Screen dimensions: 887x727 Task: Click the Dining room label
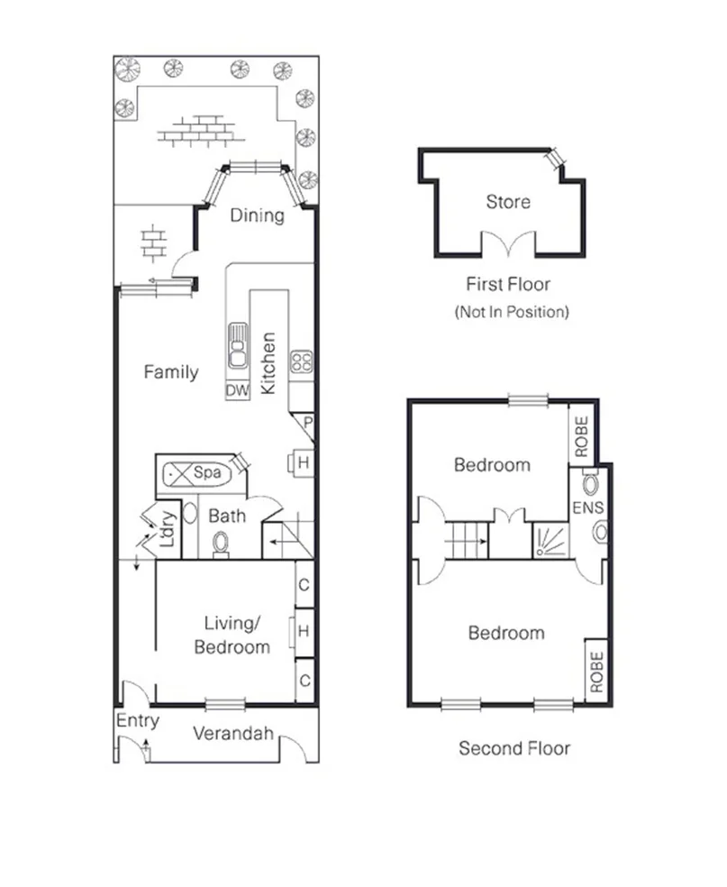coord(257,215)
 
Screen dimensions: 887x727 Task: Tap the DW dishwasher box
coord(237,390)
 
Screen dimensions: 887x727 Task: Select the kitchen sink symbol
coord(239,347)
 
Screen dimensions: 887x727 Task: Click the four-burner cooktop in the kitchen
coord(300,362)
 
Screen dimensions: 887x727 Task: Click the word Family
coord(171,372)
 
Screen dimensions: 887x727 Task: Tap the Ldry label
coord(167,533)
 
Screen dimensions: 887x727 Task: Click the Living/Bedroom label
coord(237,635)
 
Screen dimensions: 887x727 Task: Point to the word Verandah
coord(233,734)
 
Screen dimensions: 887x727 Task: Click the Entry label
coord(138,721)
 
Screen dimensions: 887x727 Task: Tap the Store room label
coord(508,202)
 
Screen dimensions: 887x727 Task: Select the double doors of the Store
coord(503,245)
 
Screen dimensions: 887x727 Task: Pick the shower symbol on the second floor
coord(550,541)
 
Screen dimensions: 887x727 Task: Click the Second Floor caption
coord(514,748)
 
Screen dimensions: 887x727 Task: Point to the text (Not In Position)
coord(512,313)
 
